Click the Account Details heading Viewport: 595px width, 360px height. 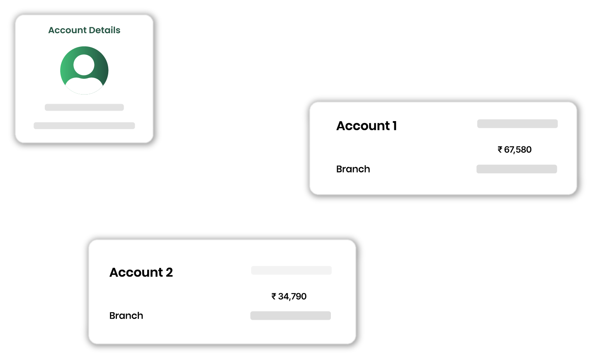pyautogui.click(x=84, y=30)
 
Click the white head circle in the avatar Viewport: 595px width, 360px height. pyautogui.click(x=84, y=65)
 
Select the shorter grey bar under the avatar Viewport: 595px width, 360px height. pyautogui.click(x=84, y=107)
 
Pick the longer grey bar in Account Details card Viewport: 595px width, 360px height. pyautogui.click(x=84, y=126)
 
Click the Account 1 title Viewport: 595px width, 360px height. pyautogui.click(x=367, y=126)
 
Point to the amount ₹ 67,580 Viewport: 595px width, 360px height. pyautogui.click(x=515, y=150)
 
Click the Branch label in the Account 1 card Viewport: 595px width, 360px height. pyautogui.click(x=353, y=169)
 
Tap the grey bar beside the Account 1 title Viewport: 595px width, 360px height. pyautogui.click(x=517, y=124)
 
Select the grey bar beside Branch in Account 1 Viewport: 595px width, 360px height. pyautogui.click(x=517, y=169)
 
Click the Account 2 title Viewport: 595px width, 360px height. pyautogui.click(x=141, y=272)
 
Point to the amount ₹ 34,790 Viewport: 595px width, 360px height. pyautogui.click(x=289, y=297)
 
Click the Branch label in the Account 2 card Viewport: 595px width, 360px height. pyautogui.click(x=126, y=316)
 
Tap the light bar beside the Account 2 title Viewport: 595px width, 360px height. pyautogui.click(x=291, y=270)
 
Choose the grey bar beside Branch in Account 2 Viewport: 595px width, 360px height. pyautogui.click(x=290, y=316)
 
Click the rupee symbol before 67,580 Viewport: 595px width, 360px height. pyautogui.click(x=500, y=150)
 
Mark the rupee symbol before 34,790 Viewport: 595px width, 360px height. pyautogui.click(x=274, y=297)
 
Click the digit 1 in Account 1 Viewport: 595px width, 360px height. pyautogui.click(x=395, y=126)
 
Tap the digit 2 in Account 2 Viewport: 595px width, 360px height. pyautogui.click(x=169, y=272)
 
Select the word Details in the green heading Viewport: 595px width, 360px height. pyautogui.click(x=103, y=30)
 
